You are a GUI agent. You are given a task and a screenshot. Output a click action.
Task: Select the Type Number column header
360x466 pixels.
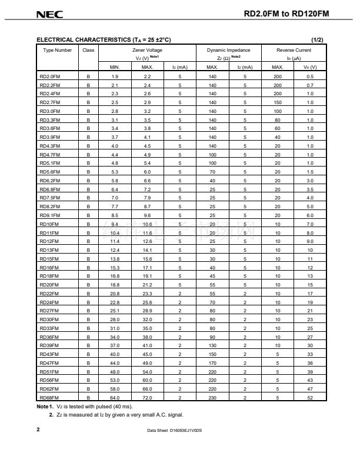(x=56, y=50)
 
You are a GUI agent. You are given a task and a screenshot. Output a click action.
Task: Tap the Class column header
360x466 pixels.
(x=88, y=50)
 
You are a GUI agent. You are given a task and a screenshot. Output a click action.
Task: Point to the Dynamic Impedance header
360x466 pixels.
(x=228, y=50)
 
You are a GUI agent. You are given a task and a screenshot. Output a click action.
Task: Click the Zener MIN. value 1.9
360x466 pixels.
(x=115, y=76)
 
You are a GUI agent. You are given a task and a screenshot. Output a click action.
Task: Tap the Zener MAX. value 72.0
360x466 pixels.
(x=147, y=397)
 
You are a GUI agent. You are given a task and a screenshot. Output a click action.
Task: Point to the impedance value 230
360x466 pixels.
(x=212, y=397)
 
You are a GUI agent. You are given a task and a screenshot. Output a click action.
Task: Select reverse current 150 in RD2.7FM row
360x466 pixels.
(x=277, y=102)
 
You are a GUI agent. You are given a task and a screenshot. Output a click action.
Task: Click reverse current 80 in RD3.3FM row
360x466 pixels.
(x=277, y=119)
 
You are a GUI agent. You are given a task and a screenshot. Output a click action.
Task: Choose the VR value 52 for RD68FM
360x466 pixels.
(x=309, y=397)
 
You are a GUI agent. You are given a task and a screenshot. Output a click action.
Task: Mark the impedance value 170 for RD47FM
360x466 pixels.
(x=212, y=363)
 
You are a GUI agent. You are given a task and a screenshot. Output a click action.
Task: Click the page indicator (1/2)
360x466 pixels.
(x=317, y=39)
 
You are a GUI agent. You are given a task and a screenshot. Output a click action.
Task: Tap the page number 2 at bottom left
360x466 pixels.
(x=38, y=430)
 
